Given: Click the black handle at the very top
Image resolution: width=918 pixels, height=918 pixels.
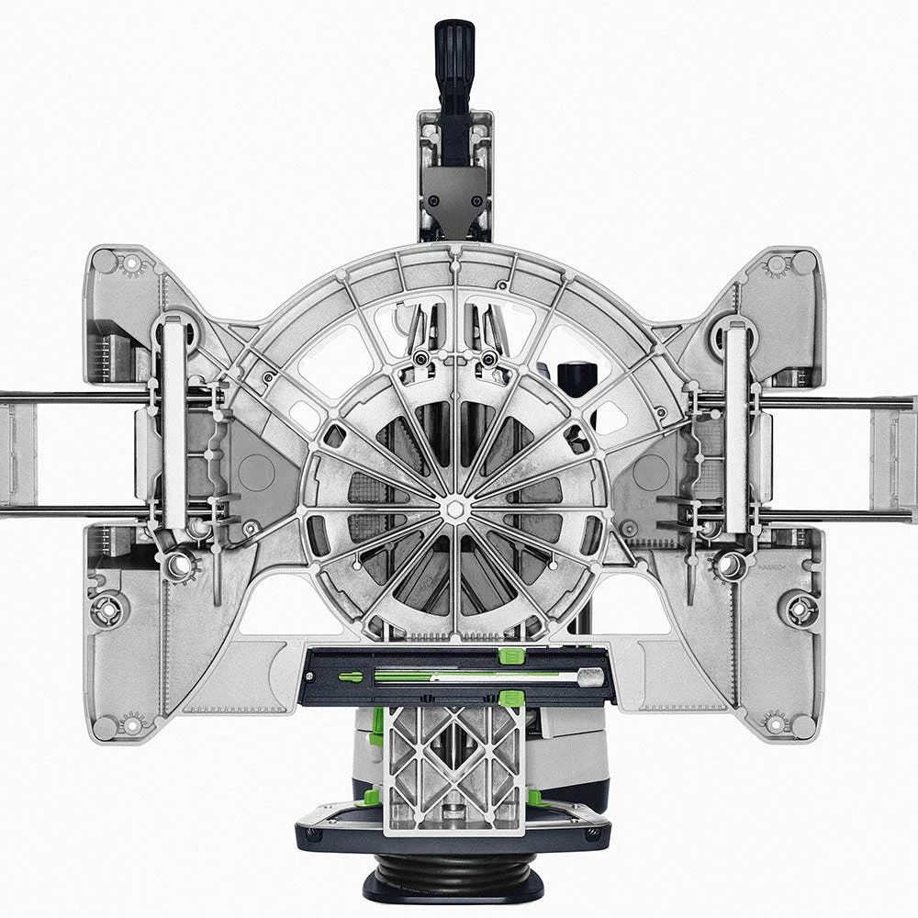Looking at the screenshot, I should click(x=454, y=55).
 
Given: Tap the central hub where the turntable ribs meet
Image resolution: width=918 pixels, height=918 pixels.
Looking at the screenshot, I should click(x=454, y=507).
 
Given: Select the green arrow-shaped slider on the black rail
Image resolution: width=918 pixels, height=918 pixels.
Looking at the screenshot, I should click(x=351, y=677).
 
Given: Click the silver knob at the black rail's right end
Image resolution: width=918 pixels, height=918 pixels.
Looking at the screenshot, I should click(x=590, y=677).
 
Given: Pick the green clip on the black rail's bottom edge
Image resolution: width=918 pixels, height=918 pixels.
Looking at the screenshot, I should click(x=511, y=700).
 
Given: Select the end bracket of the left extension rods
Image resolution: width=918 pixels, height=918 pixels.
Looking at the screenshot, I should click(x=18, y=455).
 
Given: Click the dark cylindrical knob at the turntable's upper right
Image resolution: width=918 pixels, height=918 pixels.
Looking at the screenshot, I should click(x=576, y=378).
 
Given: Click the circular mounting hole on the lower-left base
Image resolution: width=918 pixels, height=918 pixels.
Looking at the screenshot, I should click(x=109, y=609).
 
